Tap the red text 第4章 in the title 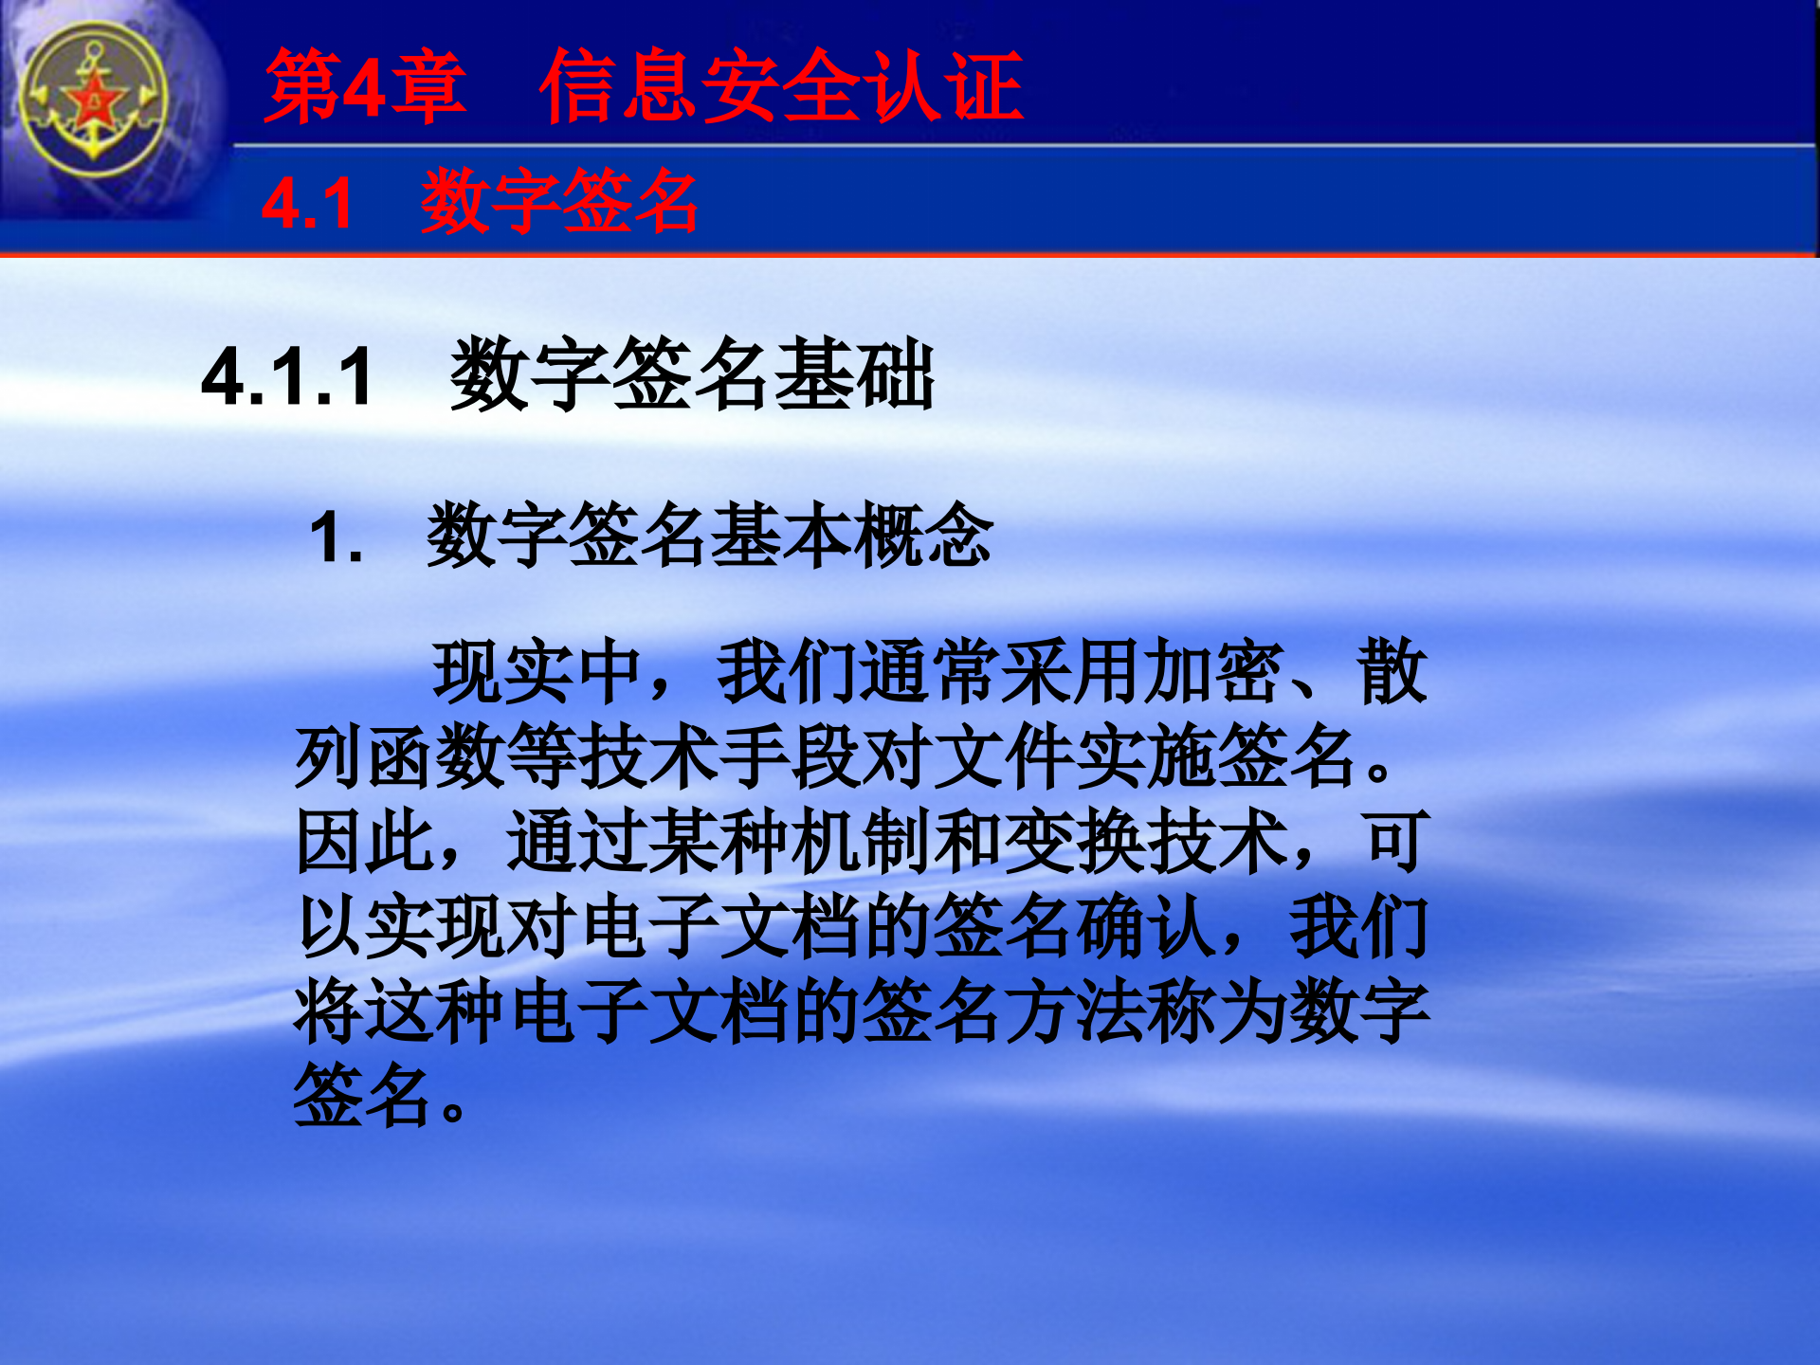tap(365, 87)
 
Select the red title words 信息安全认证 tap(781, 87)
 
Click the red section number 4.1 tap(307, 203)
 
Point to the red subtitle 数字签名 tap(559, 201)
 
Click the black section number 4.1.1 tap(287, 377)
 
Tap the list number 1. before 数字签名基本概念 tap(336, 537)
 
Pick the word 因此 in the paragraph tap(365, 842)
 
